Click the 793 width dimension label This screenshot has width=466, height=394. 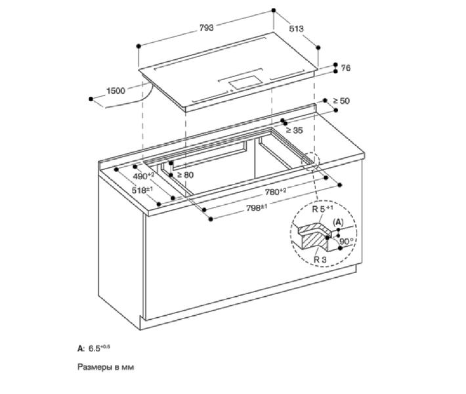coord(206,28)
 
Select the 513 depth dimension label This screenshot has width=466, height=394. coord(296,28)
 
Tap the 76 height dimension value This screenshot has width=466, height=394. coord(346,68)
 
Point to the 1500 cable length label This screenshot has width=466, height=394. coord(116,91)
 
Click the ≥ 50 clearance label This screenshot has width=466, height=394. coord(341,101)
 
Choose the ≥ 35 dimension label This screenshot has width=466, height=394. coord(294,130)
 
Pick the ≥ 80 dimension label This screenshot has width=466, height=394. coord(185,175)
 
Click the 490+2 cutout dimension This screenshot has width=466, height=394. coord(144,176)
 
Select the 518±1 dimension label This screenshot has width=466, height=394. coord(142,190)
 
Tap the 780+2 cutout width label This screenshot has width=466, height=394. coord(276,192)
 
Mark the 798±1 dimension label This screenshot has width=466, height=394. coord(257,208)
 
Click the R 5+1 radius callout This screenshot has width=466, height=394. coord(322,209)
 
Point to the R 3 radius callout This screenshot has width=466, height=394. coord(320,259)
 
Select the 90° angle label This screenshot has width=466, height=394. coord(347,241)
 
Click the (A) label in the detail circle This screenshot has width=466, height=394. coord(338,222)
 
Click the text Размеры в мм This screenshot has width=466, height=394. coord(106,367)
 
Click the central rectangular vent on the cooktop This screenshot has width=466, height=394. coord(245,82)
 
